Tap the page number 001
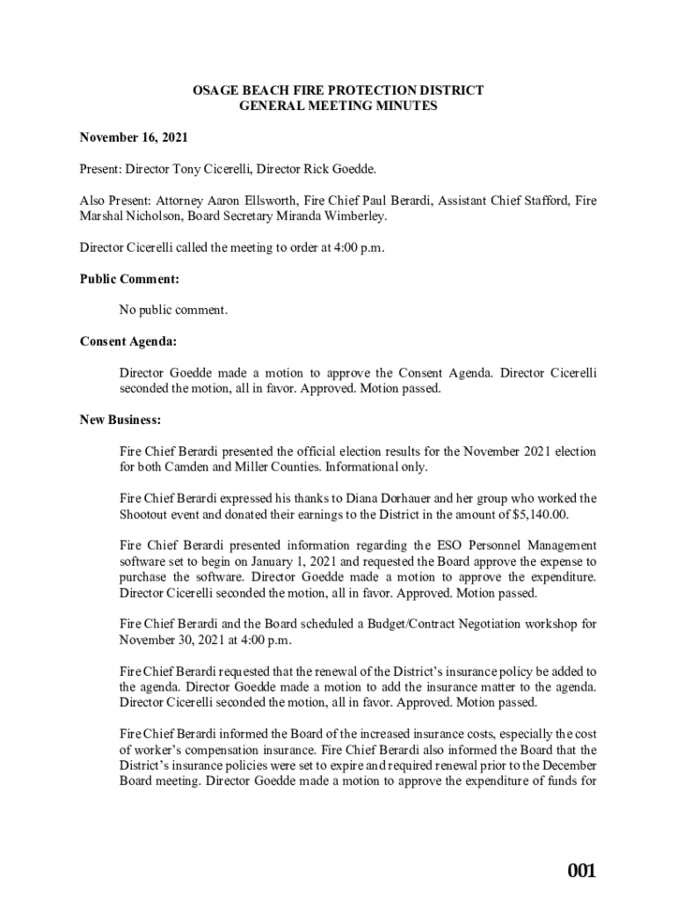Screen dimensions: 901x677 581,871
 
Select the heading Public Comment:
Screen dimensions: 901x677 129,279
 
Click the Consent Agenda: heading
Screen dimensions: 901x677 127,341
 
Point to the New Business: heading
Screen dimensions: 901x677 120,420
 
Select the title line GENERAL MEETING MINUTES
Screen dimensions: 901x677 338,106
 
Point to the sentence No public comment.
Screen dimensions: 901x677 173,310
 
